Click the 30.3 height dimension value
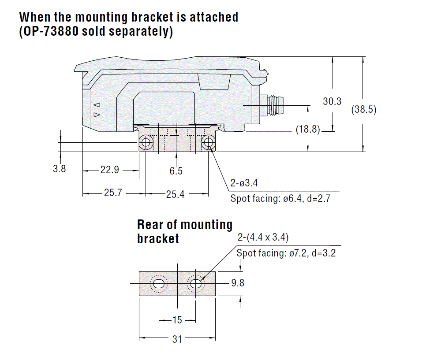332,101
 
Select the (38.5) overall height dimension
364,110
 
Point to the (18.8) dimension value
308,130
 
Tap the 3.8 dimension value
60,168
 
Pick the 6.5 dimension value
176,171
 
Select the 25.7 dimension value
112,193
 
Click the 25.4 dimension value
175,194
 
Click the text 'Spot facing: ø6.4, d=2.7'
280,198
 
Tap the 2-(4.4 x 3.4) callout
263,238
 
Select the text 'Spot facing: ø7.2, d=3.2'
286,253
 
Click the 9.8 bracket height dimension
238,283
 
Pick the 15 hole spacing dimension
177,320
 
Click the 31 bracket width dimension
177,339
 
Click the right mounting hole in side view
207,142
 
